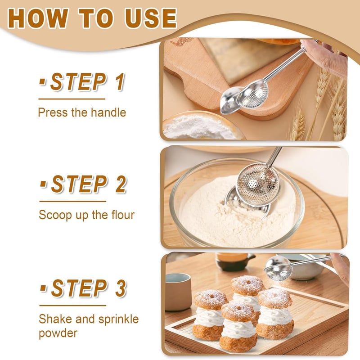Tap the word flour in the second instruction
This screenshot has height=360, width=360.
[x=121, y=214]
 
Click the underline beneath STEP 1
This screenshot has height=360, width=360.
[x=72, y=99]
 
